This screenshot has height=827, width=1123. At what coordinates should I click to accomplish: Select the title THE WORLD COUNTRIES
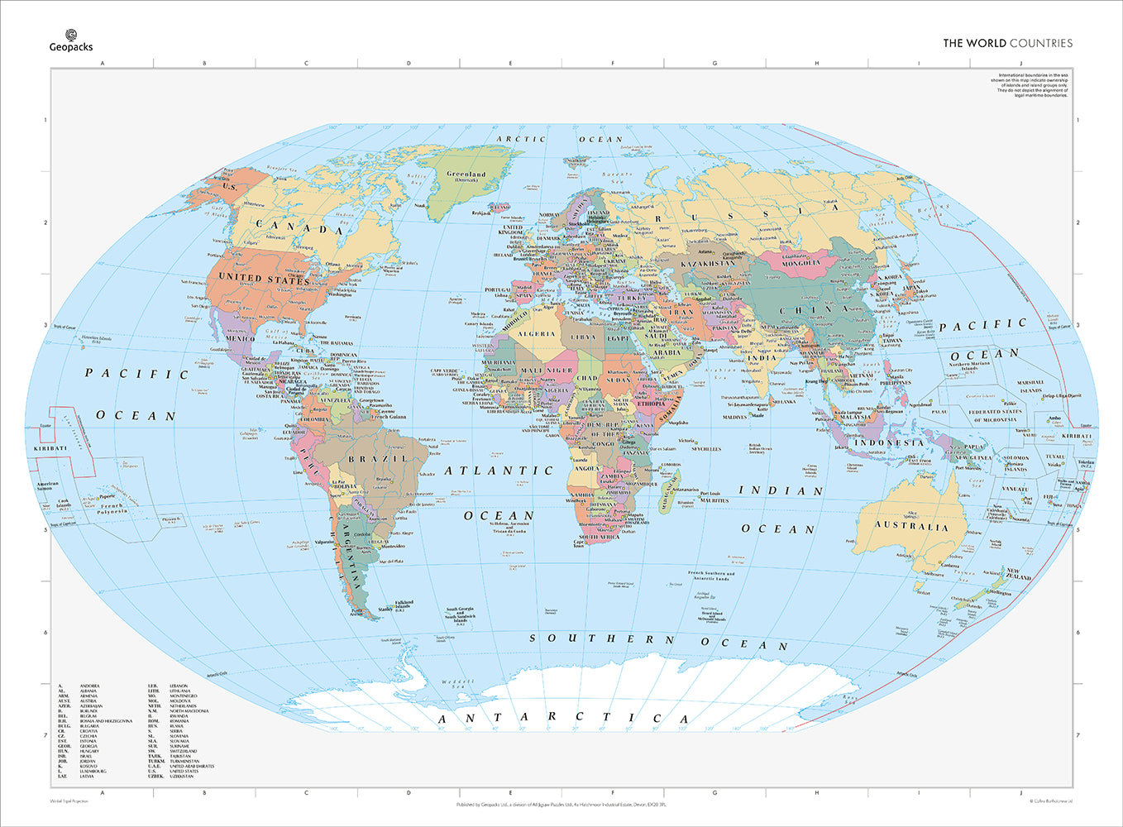1007,43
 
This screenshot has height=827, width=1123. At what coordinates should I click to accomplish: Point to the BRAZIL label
377,459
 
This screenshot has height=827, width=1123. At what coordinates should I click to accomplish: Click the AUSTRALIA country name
912,527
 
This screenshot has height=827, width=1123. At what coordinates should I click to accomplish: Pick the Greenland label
466,174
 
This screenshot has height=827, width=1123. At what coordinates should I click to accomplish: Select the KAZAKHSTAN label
707,264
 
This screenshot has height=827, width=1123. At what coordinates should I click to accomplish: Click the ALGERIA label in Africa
536,334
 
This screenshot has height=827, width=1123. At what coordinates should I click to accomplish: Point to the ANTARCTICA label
563,717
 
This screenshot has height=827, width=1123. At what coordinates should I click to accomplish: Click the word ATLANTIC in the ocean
499,471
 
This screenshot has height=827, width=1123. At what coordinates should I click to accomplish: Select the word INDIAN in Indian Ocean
781,490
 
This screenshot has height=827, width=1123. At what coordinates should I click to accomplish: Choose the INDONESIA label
888,442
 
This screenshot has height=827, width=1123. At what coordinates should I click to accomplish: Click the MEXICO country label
240,339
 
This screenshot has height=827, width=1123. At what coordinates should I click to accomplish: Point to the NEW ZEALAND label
1018,573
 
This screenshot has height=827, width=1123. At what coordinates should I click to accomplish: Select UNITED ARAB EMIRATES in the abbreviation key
192,766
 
